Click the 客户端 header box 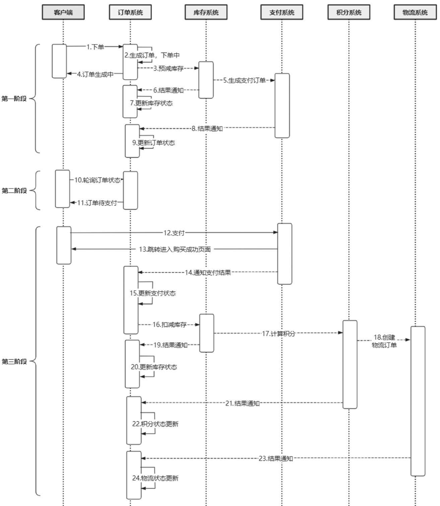[x=63, y=13]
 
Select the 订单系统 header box [x=130, y=13]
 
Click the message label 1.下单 [x=95, y=47]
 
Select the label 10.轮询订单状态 [x=98, y=180]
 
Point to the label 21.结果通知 [x=242, y=403]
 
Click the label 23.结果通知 [x=275, y=458]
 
